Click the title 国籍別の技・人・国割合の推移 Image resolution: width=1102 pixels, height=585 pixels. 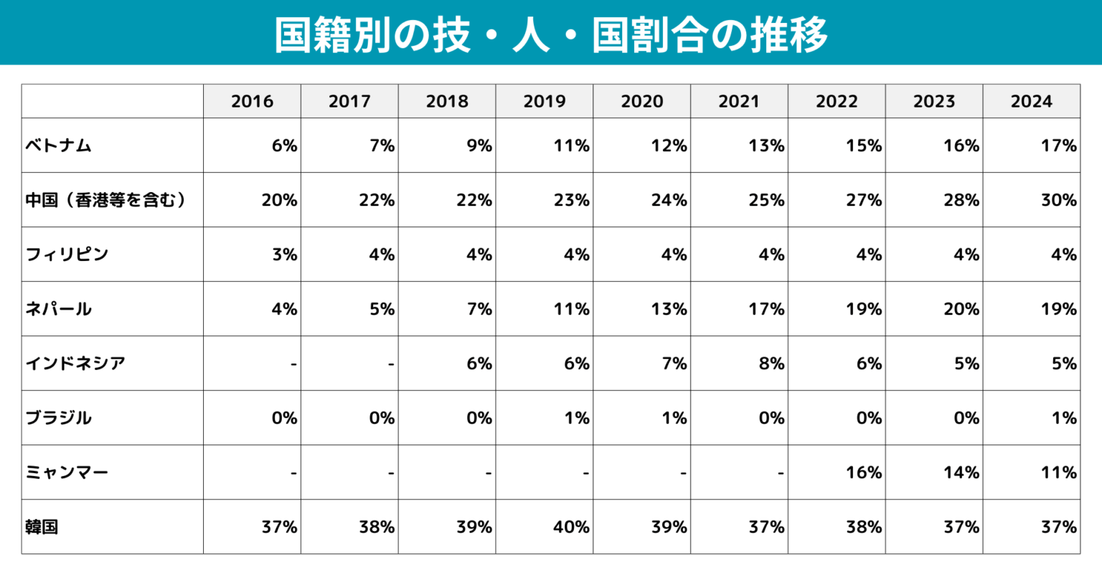(x=551, y=34)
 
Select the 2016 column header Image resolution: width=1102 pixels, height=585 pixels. (x=252, y=101)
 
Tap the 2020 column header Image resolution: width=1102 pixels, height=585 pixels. (x=641, y=101)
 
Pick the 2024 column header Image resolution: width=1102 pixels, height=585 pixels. (x=1031, y=101)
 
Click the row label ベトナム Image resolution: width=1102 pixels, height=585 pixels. (x=59, y=146)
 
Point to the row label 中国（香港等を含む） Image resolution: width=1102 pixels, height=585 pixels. (x=106, y=200)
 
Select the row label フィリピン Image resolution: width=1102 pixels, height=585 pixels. (x=67, y=255)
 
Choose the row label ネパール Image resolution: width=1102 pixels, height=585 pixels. (x=59, y=309)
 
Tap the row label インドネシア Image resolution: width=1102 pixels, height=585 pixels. (x=75, y=363)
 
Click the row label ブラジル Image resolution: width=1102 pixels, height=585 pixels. (x=59, y=418)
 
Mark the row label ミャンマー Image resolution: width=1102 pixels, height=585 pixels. (x=67, y=472)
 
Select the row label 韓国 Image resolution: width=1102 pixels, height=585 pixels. (x=42, y=527)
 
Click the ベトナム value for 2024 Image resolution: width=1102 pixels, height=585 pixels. (x=1058, y=146)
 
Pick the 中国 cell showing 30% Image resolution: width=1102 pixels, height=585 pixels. (x=1058, y=200)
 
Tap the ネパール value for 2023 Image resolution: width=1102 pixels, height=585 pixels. (x=961, y=309)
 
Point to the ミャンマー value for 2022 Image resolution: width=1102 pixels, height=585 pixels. (x=863, y=472)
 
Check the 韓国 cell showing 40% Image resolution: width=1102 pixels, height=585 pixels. (x=571, y=527)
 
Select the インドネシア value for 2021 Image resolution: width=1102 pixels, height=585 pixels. (x=771, y=363)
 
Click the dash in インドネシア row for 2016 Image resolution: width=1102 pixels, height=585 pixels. (x=293, y=364)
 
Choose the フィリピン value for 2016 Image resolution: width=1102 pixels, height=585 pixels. (x=284, y=255)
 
